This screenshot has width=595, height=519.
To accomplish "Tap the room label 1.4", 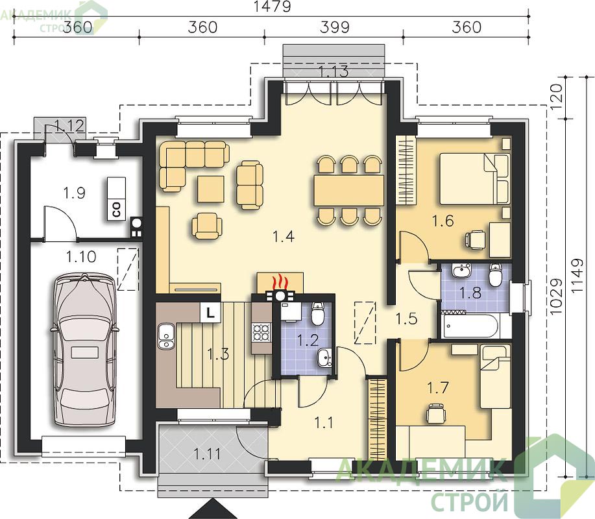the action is pos(284,237).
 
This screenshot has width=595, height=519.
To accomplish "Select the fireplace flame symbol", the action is pos(280,282).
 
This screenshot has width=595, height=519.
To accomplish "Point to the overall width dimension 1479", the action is pos(272,6).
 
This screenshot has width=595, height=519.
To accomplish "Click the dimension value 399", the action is pos(335,27).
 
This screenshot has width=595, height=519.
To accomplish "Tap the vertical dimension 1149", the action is pos(577,276).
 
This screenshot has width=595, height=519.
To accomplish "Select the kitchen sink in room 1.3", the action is pos(165,336).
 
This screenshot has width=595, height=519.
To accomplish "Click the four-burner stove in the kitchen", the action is pos(261,333).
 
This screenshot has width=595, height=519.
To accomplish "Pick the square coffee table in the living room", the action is pos(211,189).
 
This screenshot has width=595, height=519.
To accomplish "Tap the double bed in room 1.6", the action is pos(474,178).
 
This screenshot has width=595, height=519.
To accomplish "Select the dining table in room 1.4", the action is pos(348,191).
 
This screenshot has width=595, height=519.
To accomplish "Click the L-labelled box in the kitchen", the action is pos(210,312).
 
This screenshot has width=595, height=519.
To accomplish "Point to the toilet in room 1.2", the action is pos(317,313).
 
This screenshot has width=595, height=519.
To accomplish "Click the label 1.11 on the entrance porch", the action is pos(207,453).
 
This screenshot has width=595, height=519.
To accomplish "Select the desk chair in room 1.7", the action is pos(436,413).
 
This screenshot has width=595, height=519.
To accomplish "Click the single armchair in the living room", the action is pos(206,226).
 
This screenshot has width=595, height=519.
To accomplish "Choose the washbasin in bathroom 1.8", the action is pos(461,270).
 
